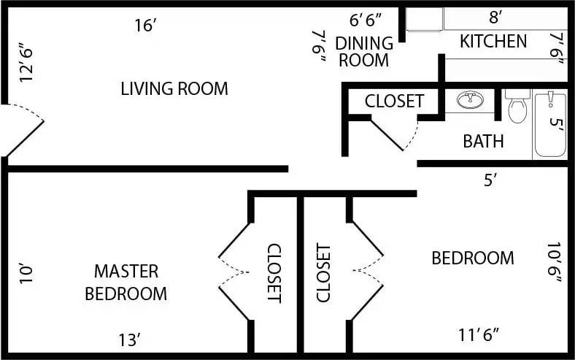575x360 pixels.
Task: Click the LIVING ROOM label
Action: [174, 89]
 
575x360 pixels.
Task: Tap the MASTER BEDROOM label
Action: [126, 283]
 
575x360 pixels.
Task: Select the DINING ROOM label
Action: [363, 52]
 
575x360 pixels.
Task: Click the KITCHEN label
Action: [493, 42]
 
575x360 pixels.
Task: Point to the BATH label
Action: [483, 141]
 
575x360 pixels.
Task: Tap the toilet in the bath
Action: [517, 107]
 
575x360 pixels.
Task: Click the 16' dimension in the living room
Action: [146, 26]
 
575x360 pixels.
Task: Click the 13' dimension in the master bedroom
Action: [129, 340]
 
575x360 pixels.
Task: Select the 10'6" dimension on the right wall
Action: [555, 263]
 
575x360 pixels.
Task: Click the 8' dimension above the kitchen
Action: [496, 15]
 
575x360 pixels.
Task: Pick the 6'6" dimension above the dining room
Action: [366, 18]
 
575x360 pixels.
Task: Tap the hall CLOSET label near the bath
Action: [394, 101]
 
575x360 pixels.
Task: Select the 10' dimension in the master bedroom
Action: [27, 272]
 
